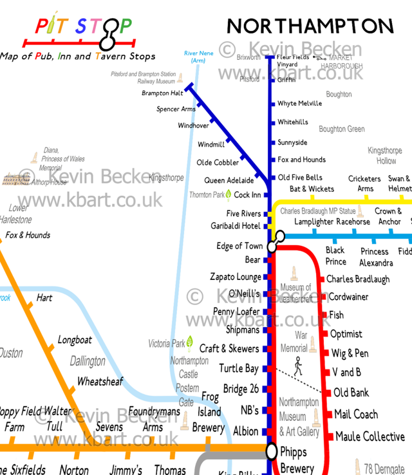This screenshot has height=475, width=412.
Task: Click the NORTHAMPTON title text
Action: (x=310, y=26)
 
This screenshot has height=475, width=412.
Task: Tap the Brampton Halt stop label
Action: (x=162, y=93)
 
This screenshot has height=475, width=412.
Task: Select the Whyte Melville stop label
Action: (x=299, y=104)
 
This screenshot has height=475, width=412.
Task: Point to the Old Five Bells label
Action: (x=300, y=178)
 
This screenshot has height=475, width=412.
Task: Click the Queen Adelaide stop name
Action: (x=229, y=181)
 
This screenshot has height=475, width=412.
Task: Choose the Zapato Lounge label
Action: (x=236, y=277)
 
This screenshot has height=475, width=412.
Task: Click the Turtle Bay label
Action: (x=239, y=368)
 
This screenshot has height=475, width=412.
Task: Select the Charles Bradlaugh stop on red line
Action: (x=357, y=279)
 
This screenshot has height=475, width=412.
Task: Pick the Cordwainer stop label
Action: (x=348, y=297)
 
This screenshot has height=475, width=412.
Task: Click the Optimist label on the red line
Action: (x=346, y=334)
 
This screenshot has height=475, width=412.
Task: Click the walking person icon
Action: (x=297, y=367)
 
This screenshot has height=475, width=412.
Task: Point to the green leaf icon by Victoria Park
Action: (x=190, y=342)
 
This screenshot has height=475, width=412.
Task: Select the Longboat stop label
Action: (x=75, y=340)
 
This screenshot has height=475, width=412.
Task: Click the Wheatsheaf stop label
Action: (x=100, y=382)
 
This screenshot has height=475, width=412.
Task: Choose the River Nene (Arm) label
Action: (x=198, y=57)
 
